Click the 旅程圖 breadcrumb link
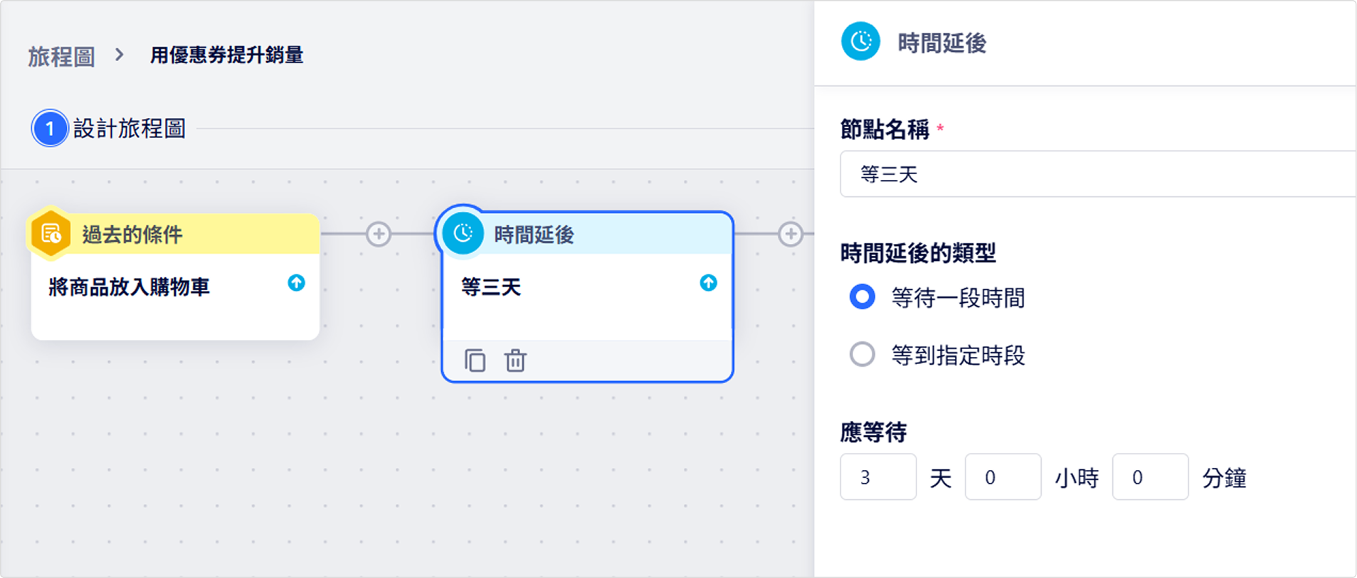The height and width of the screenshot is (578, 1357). [61, 56]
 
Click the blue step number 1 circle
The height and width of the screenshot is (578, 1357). [50, 129]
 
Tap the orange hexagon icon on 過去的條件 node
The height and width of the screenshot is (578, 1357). [51, 233]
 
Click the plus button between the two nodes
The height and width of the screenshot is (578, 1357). [379, 234]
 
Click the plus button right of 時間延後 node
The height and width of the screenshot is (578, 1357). [790, 234]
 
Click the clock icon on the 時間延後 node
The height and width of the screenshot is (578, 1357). [463, 233]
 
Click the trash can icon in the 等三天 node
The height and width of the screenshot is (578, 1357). [515, 360]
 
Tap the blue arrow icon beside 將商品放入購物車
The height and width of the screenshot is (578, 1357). [296, 283]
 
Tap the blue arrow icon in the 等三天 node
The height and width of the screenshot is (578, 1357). [708, 283]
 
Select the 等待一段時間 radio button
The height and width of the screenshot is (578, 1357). [862, 296]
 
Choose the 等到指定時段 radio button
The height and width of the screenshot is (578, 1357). [862, 353]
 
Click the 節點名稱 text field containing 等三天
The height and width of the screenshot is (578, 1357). [1098, 174]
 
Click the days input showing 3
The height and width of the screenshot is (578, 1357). [878, 477]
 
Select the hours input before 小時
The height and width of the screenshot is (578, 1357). [1003, 477]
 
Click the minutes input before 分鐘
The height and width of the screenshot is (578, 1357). [1150, 477]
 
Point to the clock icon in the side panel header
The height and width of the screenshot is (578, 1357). [860, 41]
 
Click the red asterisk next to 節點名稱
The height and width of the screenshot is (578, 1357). [940, 128]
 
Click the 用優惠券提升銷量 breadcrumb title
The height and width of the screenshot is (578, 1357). [226, 55]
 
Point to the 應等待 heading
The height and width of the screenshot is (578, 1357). [873, 432]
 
